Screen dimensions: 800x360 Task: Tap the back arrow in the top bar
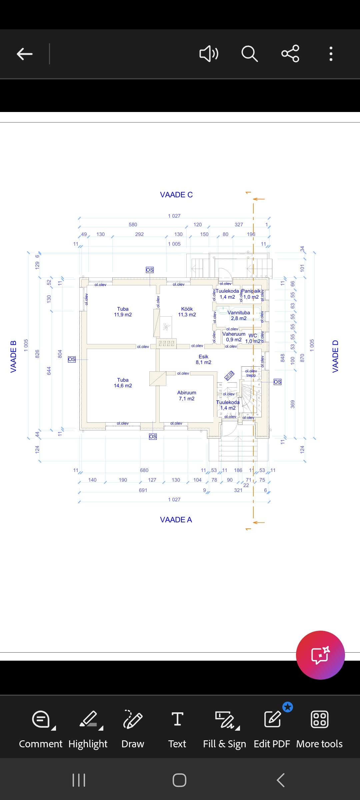[25, 54]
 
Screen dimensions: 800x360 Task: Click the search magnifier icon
[249, 54]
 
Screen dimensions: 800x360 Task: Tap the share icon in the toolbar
[290, 54]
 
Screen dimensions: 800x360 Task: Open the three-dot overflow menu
[331, 54]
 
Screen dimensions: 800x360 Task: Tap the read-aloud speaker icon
[209, 54]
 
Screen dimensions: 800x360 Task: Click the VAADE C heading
[176, 195]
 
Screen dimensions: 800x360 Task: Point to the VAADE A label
[176, 520]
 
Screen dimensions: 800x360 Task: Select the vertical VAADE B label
[13, 356]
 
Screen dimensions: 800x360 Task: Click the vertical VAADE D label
[335, 356]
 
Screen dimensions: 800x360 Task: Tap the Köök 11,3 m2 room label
[187, 312]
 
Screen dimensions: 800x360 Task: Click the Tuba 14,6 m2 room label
[123, 383]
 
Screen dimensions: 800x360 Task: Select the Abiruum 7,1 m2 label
[187, 396]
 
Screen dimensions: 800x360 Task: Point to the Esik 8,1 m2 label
[203, 359]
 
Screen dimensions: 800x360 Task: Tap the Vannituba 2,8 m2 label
[239, 315]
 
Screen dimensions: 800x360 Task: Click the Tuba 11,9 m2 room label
[123, 312]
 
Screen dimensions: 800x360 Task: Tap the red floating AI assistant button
[320, 655]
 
